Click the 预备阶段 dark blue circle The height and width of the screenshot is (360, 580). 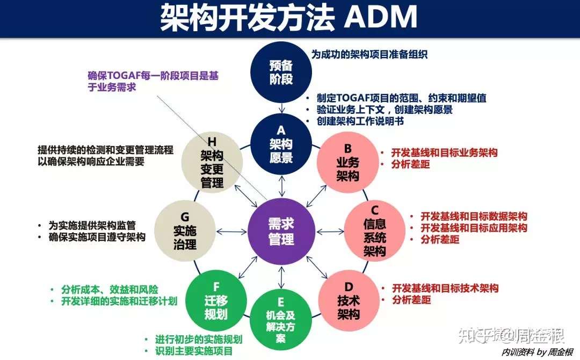click(x=281, y=72)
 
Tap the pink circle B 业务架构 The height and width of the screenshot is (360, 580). click(x=347, y=163)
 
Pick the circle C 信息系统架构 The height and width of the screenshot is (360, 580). click(x=375, y=231)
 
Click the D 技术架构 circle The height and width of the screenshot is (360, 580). click(x=349, y=300)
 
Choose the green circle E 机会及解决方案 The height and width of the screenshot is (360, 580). click(x=281, y=320)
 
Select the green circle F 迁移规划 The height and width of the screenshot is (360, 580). click(x=216, y=300)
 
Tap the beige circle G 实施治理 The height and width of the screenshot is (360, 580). click(x=185, y=231)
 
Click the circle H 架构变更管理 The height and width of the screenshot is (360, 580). click(x=212, y=163)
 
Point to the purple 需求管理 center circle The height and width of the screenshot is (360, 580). click(x=281, y=232)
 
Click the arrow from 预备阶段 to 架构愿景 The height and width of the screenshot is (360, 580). click(x=282, y=108)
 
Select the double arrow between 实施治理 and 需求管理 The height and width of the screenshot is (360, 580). click(x=231, y=232)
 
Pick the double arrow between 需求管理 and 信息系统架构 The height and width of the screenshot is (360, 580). click(x=330, y=232)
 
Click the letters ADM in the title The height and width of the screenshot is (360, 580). click(x=381, y=17)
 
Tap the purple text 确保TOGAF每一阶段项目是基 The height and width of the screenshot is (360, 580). click(x=153, y=76)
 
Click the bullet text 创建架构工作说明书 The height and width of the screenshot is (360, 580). click(x=360, y=121)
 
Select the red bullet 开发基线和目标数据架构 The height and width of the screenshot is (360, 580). click(x=474, y=216)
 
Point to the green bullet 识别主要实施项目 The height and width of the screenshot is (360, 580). click(x=194, y=351)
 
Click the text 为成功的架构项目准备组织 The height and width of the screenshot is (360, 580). click(x=369, y=54)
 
